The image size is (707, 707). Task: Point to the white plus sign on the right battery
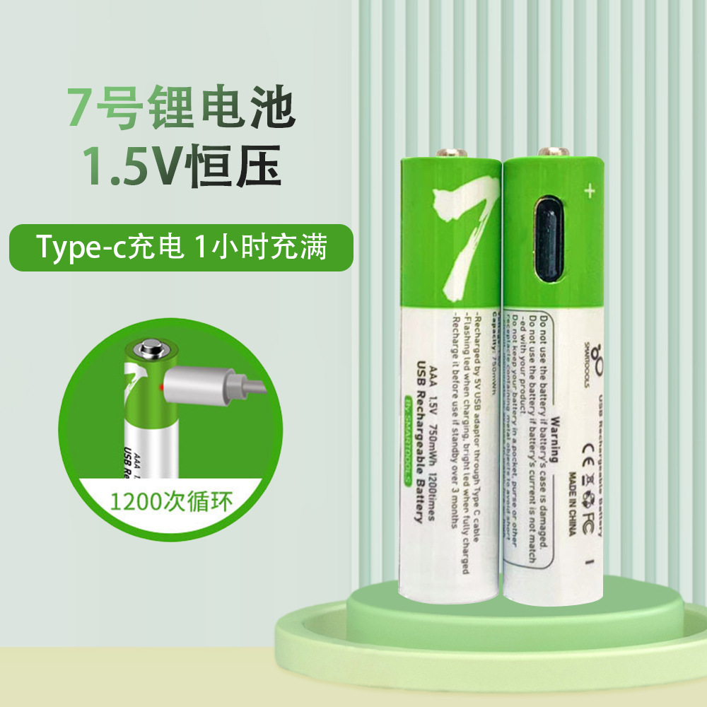coord(589,189)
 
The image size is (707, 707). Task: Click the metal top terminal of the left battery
coord(452,152)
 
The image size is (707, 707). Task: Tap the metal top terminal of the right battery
coord(554,151)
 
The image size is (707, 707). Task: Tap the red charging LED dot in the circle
coord(162,389)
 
